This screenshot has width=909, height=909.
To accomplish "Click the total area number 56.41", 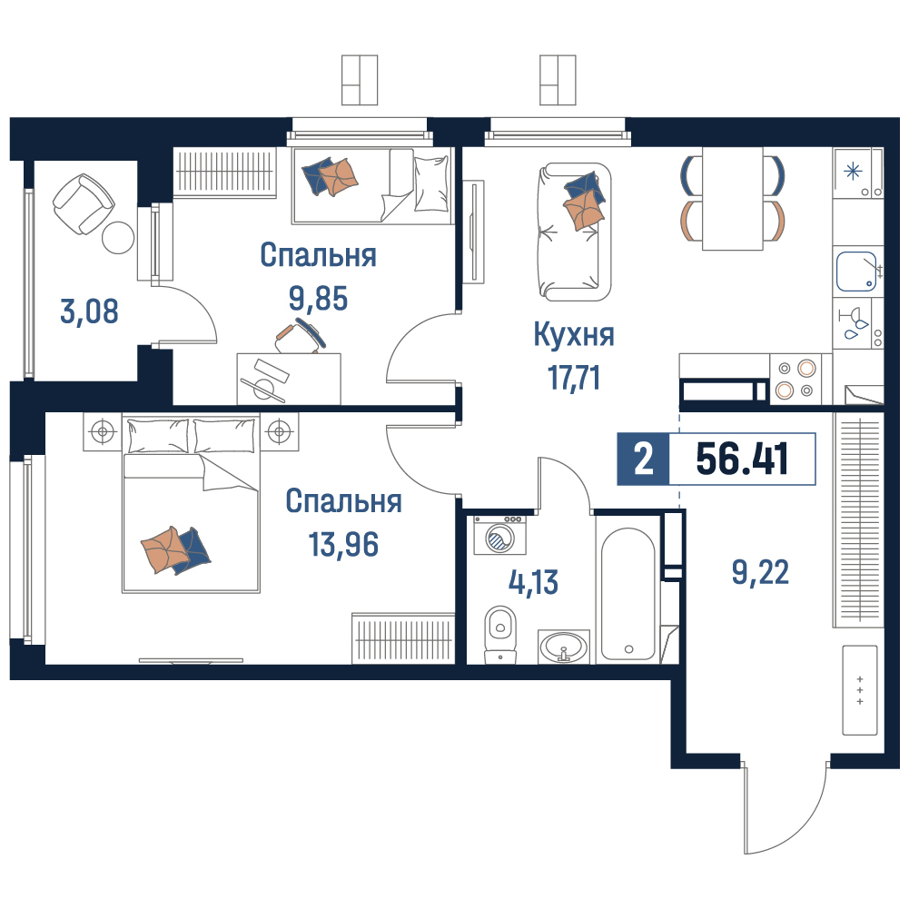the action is tap(742, 459).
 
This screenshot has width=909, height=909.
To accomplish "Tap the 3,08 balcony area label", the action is tap(89, 311).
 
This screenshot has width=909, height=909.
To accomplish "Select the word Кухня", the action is tap(574, 334).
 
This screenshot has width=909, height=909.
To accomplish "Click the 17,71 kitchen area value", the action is tap(574, 378).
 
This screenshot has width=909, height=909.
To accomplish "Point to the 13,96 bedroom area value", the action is tap(344, 544).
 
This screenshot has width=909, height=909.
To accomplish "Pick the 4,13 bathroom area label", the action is tap(533, 582).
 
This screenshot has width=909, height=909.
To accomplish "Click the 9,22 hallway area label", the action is tap(760, 573).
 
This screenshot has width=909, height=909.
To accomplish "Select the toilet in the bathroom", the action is tap(500, 634).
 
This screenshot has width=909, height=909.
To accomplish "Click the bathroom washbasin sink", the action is tap(564, 647).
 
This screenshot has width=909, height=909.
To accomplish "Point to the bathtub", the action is tap(628, 594).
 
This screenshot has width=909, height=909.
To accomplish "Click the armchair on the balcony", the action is tap(83, 203).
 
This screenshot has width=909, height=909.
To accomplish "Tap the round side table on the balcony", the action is tap(118, 238).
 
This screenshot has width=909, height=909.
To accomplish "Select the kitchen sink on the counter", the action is tap(856, 272).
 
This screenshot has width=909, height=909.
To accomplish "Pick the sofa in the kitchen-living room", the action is tap(575, 232).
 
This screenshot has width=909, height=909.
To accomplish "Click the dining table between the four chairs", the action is tap(732, 199).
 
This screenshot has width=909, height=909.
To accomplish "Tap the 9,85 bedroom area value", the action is tap(318, 298).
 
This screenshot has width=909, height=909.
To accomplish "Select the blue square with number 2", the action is tap(644, 459).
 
